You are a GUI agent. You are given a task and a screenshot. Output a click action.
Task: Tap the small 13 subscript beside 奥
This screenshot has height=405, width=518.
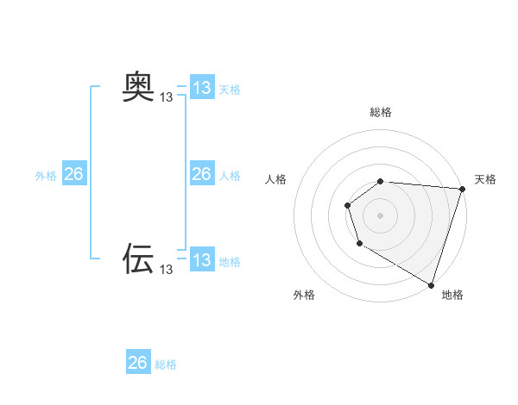(x=167, y=97)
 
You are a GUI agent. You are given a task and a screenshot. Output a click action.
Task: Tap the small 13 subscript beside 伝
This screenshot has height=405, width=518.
(x=167, y=270)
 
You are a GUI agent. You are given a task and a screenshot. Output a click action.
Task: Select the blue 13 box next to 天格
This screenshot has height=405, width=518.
(x=202, y=88)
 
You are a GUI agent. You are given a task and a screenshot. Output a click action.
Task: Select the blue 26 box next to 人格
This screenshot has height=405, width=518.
(x=202, y=174)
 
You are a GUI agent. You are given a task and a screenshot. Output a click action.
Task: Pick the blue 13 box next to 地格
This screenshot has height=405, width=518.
(x=202, y=260)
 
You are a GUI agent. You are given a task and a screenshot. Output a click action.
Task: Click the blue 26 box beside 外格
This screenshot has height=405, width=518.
(x=73, y=174)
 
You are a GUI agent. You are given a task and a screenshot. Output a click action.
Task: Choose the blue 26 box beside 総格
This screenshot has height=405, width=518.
(x=138, y=363)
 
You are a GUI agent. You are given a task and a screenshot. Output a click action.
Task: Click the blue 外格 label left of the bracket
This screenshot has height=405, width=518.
(x=46, y=176)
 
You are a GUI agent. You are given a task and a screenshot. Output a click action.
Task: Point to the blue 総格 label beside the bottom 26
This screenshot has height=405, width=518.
(x=166, y=364)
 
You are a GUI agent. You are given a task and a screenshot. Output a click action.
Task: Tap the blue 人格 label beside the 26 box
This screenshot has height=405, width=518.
(x=230, y=176)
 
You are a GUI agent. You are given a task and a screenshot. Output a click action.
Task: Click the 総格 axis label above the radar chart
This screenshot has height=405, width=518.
(x=381, y=112)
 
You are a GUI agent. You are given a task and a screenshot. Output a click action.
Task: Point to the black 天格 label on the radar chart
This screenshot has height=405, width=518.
(x=486, y=179)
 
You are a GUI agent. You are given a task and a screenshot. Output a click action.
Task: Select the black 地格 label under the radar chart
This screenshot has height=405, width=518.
(x=452, y=295)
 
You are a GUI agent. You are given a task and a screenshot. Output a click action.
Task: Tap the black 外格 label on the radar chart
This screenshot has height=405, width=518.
(x=304, y=295)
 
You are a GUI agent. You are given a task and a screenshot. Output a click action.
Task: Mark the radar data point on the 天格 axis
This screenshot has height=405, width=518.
(x=462, y=189)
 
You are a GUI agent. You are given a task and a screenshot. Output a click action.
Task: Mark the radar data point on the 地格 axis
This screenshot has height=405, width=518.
(x=431, y=283)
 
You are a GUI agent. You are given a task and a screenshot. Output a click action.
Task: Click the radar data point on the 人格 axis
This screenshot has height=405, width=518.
(x=347, y=205)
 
